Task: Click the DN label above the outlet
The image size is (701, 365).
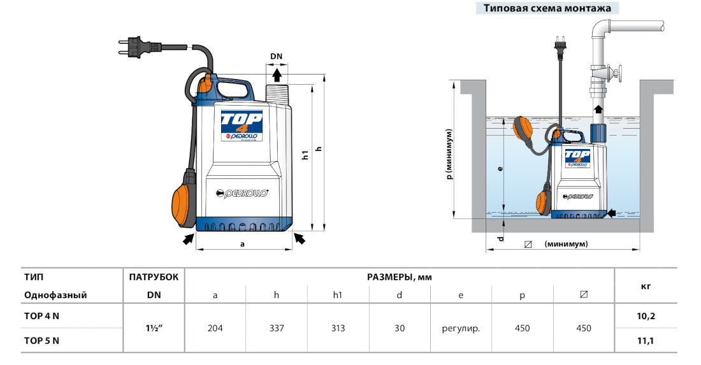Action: [x=277, y=56]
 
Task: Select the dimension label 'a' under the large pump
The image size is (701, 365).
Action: [x=242, y=244]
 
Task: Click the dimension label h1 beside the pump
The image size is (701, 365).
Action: [x=305, y=155]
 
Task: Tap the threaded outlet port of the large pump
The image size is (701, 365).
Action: [x=278, y=94]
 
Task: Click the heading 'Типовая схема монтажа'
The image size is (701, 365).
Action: [x=547, y=8]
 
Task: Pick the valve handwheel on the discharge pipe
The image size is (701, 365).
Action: [x=618, y=74]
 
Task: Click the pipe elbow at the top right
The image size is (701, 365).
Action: [x=600, y=31]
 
